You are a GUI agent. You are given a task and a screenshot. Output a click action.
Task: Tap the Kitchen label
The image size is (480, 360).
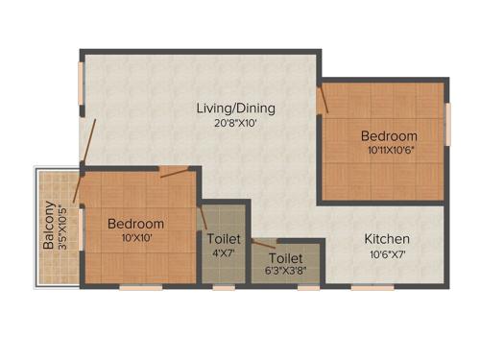(387, 239)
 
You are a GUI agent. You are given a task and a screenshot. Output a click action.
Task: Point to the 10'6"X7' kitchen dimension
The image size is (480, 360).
(387, 254)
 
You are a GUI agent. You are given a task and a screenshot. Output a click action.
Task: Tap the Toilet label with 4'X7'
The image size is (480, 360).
(224, 238)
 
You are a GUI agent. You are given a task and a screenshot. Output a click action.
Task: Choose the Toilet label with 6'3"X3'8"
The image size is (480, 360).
(285, 258)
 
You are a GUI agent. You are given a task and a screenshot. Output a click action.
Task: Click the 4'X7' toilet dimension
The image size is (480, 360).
(224, 253)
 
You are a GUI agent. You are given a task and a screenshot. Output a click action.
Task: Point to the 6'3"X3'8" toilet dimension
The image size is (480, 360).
(285, 273)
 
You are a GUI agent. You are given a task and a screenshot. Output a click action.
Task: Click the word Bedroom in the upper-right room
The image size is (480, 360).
(389, 136)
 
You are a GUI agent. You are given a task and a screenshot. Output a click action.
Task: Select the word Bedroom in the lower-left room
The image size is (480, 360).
(135, 223)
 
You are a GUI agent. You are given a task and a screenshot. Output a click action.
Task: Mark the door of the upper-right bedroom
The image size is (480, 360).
(324, 100)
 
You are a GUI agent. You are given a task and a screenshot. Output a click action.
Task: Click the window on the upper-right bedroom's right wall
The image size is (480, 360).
(447, 123)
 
